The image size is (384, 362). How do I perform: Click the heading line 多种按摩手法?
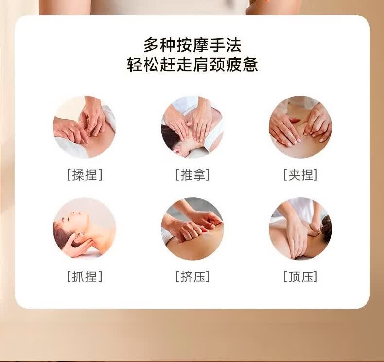coord(192,45)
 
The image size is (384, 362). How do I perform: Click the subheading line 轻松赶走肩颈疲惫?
coord(192,65)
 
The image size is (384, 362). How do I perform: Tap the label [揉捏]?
coord(85,175)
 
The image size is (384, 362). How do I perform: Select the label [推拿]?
coord(192,175)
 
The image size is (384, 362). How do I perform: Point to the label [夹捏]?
coord(300,175)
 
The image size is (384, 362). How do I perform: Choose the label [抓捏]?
coord(85,277)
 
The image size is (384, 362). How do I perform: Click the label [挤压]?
coord(192,277)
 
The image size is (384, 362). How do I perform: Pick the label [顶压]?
coord(300,277)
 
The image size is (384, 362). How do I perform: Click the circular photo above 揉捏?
coord(85,127)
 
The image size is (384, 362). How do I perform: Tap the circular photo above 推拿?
coord(192,127)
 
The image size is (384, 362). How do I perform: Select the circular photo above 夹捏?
coord(300,127)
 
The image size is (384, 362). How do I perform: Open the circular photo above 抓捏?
coord(85,229)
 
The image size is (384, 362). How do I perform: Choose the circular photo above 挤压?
coord(192,229)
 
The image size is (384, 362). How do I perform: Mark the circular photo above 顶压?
coord(300,229)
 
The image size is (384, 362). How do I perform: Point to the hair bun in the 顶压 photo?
coord(326,225)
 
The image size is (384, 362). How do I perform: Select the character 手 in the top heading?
coord(217,45)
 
